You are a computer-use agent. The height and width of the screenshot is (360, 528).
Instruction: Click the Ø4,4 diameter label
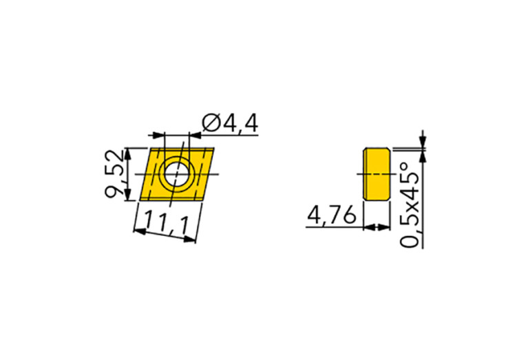click(x=230, y=124)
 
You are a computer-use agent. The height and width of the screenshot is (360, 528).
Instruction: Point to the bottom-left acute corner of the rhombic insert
click(x=140, y=200)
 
